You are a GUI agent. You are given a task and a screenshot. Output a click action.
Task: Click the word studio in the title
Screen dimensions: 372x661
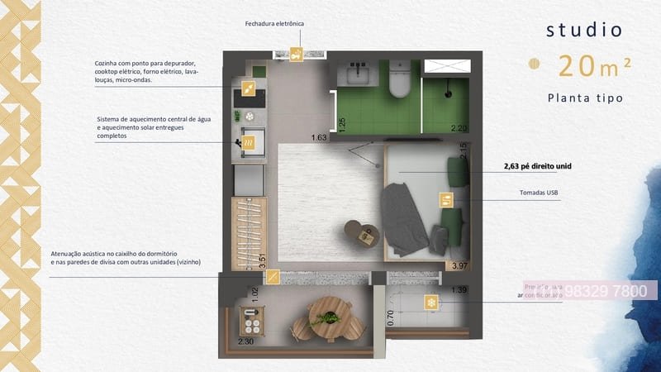pos(584,31)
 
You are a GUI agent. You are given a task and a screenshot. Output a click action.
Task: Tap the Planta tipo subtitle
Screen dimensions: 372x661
pos(584,98)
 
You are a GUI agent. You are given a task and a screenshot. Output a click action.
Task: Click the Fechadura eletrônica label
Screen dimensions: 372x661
pos(274,23)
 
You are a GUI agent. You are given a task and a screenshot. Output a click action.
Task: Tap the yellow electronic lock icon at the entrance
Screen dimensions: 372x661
pos(297,55)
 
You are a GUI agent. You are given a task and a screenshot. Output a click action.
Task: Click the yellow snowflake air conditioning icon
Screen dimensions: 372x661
pos(430,302)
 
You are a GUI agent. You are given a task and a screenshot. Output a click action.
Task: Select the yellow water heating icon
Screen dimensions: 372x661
pos(249,144)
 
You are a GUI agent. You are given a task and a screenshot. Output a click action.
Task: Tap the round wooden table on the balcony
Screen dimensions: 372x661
pos(328,315)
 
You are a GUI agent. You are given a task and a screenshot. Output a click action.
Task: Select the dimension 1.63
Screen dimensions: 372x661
pos(319,137)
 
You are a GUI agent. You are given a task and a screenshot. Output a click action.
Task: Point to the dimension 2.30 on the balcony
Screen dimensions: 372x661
pos(246,341)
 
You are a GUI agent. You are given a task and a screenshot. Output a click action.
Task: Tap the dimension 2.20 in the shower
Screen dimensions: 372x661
pos(459,128)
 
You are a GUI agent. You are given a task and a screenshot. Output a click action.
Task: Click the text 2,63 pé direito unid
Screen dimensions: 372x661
pos(538,166)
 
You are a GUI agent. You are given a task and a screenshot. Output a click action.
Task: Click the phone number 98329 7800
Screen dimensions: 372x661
pos(611,292)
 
